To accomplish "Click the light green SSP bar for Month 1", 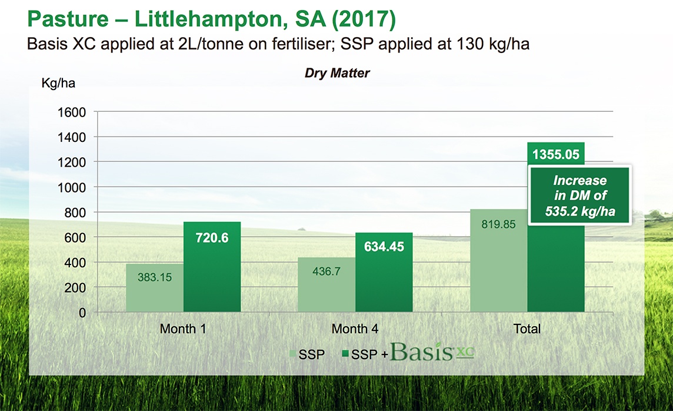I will [x=155, y=288].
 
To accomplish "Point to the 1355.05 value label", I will [x=556, y=155].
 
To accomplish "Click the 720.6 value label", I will [x=212, y=238].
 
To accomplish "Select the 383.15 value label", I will [x=155, y=277].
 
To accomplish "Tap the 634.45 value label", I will [x=384, y=247].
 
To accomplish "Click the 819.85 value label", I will [x=499, y=224].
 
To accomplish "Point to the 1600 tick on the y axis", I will [x=72, y=112].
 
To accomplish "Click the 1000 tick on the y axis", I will [x=72, y=187].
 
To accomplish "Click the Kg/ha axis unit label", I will [x=58, y=82].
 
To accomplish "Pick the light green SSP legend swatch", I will [x=291, y=353].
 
